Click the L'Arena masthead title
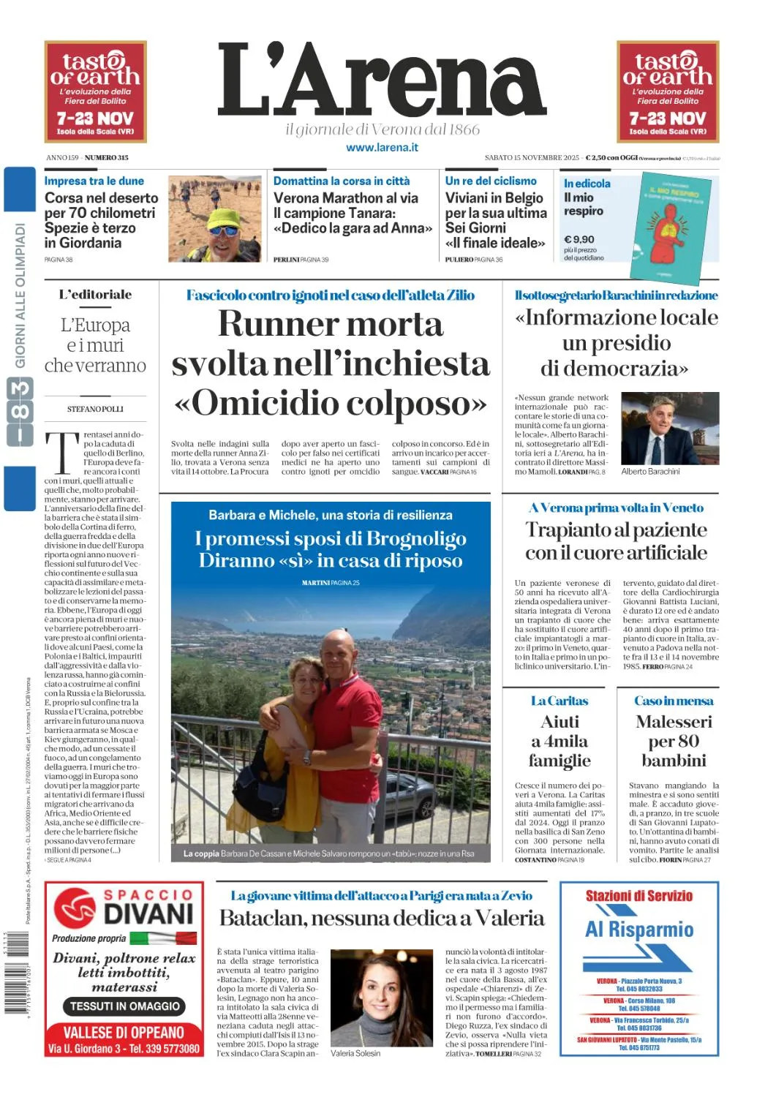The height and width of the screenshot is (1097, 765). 382,80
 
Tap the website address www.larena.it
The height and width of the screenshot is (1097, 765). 382,147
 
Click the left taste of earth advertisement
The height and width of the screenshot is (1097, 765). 96,91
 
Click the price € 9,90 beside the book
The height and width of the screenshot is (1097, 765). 579,239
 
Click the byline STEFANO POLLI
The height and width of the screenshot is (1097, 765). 95,409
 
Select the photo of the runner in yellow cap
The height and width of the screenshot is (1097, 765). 214,219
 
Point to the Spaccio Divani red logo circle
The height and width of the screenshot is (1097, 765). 75,908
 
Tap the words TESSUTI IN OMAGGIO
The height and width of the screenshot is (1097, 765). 125,1006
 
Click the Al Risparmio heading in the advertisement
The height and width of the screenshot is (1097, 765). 638,930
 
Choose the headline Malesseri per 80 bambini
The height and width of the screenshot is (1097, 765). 674,741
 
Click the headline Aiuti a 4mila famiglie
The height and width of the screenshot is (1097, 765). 559,741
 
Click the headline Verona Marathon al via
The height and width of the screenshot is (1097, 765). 346,197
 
